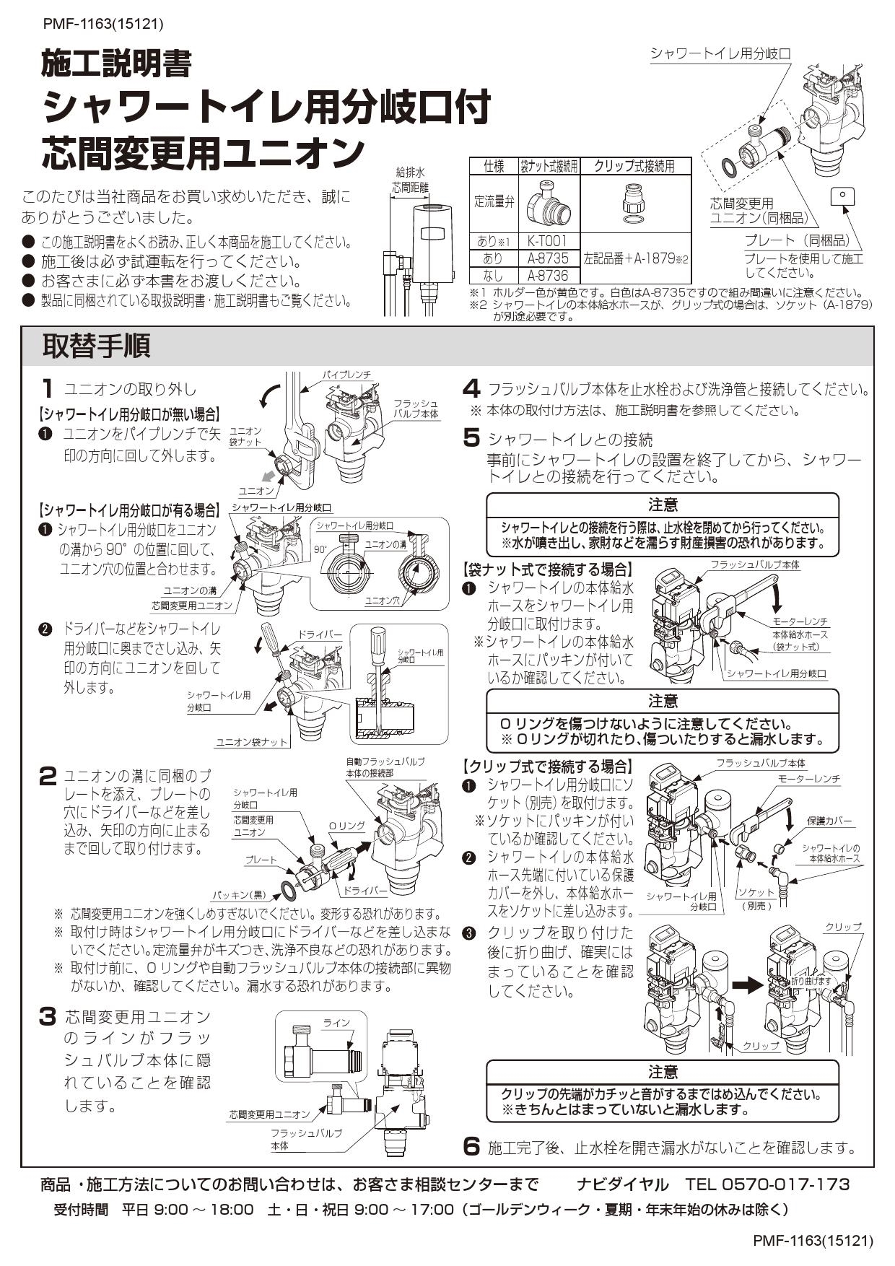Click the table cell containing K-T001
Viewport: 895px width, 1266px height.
tap(547, 241)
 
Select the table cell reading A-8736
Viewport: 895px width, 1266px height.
tap(547, 275)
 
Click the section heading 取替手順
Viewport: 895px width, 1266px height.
tap(96, 346)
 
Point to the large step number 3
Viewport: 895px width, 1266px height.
tap(47, 1018)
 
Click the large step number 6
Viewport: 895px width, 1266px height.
tap(471, 1146)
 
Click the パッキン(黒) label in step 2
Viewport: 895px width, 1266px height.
tap(239, 895)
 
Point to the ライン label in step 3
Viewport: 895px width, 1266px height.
tap(336, 1023)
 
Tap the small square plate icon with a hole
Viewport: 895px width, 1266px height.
tap(842, 196)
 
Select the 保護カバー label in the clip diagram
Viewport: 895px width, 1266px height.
tap(829, 821)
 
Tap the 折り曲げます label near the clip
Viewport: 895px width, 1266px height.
tap(811, 981)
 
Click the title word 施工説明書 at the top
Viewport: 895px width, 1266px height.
tap(116, 65)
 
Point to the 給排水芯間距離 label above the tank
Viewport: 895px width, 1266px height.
tap(410, 180)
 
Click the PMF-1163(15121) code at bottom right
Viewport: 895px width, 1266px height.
tap(813, 1241)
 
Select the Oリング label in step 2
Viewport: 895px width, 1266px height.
tap(346, 826)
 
